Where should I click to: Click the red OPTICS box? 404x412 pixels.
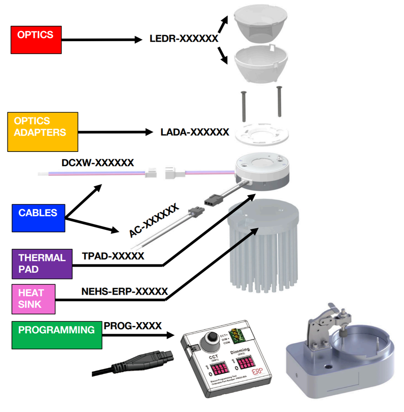[36, 40]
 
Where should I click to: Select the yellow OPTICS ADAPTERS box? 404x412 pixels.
[43, 131]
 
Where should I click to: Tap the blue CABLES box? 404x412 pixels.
[38, 218]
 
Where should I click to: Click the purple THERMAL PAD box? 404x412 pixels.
[42, 264]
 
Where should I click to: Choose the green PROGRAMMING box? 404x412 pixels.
[57, 335]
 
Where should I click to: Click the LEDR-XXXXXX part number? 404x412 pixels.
[183, 39]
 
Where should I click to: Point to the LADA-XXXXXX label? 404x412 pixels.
[195, 132]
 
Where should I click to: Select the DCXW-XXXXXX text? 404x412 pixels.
[98, 162]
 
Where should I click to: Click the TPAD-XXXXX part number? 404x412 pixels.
[113, 256]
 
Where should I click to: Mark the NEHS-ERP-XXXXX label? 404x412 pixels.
[125, 292]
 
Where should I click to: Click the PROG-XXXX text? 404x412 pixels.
[132, 326]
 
